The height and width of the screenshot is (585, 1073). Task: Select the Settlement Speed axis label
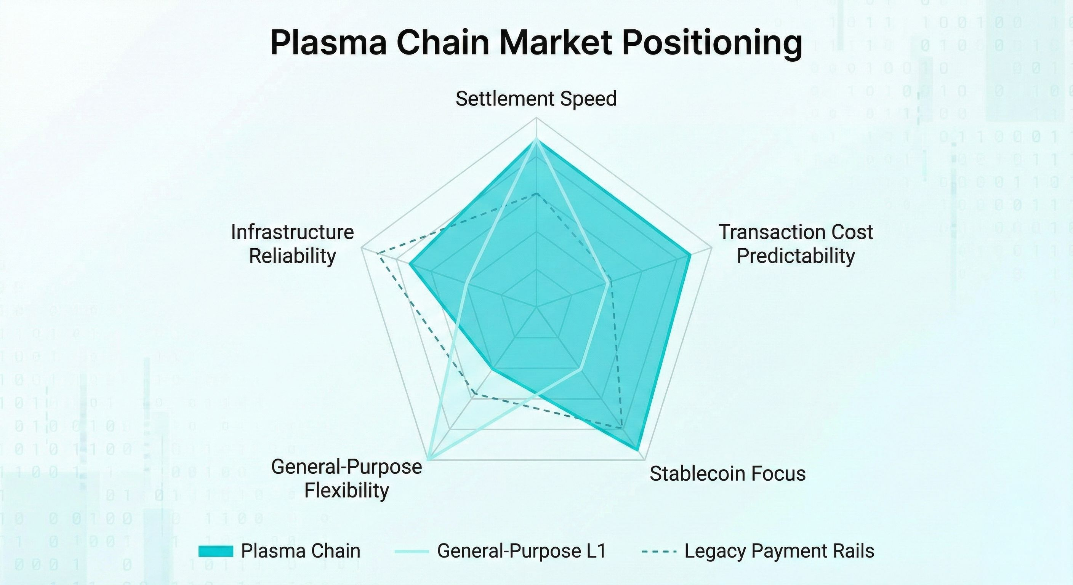[536, 99]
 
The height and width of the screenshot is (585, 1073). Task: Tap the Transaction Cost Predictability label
[796, 244]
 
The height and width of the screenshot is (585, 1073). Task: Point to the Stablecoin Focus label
[727, 474]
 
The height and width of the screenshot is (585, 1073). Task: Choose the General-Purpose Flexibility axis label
[347, 478]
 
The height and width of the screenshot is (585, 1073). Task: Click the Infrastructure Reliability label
[292, 244]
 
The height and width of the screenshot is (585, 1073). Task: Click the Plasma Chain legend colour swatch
[216, 551]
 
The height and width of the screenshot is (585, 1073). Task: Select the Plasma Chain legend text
[300, 551]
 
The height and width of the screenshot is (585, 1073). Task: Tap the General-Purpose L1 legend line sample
[412, 552]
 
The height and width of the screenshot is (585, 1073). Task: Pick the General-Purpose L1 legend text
[522, 551]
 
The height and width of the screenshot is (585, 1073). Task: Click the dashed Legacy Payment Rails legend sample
[659, 552]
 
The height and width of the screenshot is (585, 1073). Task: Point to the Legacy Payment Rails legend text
[779, 551]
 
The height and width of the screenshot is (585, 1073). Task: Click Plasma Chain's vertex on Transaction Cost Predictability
[690, 255]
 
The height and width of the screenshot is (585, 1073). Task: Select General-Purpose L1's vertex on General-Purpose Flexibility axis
[429, 459]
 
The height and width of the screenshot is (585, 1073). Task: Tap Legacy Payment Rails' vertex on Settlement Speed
[536, 193]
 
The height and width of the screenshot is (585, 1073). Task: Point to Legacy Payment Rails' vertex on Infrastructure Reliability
[377, 253]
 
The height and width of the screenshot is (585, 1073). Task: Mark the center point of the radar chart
[536, 308]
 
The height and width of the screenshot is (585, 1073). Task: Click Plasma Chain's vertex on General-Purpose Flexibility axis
[493, 369]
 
